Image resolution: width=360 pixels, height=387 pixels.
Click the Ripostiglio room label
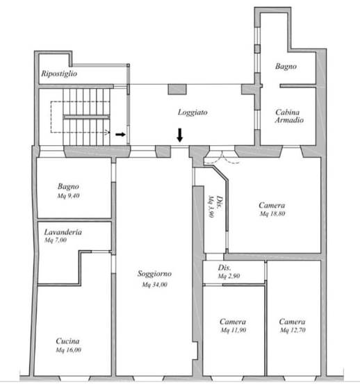(59, 74)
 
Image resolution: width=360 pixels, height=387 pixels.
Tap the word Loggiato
(193, 113)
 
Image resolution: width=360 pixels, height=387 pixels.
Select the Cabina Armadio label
(289, 116)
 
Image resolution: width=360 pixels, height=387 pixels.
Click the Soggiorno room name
(154, 274)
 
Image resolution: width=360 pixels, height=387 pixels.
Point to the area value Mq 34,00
(155, 285)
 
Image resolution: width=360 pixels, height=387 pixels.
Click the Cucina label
(67, 341)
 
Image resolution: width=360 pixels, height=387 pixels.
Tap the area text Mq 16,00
(68, 350)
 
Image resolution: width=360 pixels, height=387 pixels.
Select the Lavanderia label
(63, 232)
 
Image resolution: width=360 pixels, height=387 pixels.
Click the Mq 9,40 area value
(68, 196)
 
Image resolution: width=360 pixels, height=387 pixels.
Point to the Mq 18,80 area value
(272, 213)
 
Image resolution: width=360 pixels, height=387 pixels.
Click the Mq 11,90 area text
(234, 330)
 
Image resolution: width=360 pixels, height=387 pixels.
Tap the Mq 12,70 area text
(293, 330)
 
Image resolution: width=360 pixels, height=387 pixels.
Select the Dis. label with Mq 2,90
(224, 267)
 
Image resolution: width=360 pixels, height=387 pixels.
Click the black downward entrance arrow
(180, 135)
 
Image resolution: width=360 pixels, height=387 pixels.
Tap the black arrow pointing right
(120, 134)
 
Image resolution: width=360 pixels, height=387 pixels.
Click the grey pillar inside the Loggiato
(177, 89)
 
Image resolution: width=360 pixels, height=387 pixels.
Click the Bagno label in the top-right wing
(286, 66)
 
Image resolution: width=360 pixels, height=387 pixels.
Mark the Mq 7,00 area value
(56, 240)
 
